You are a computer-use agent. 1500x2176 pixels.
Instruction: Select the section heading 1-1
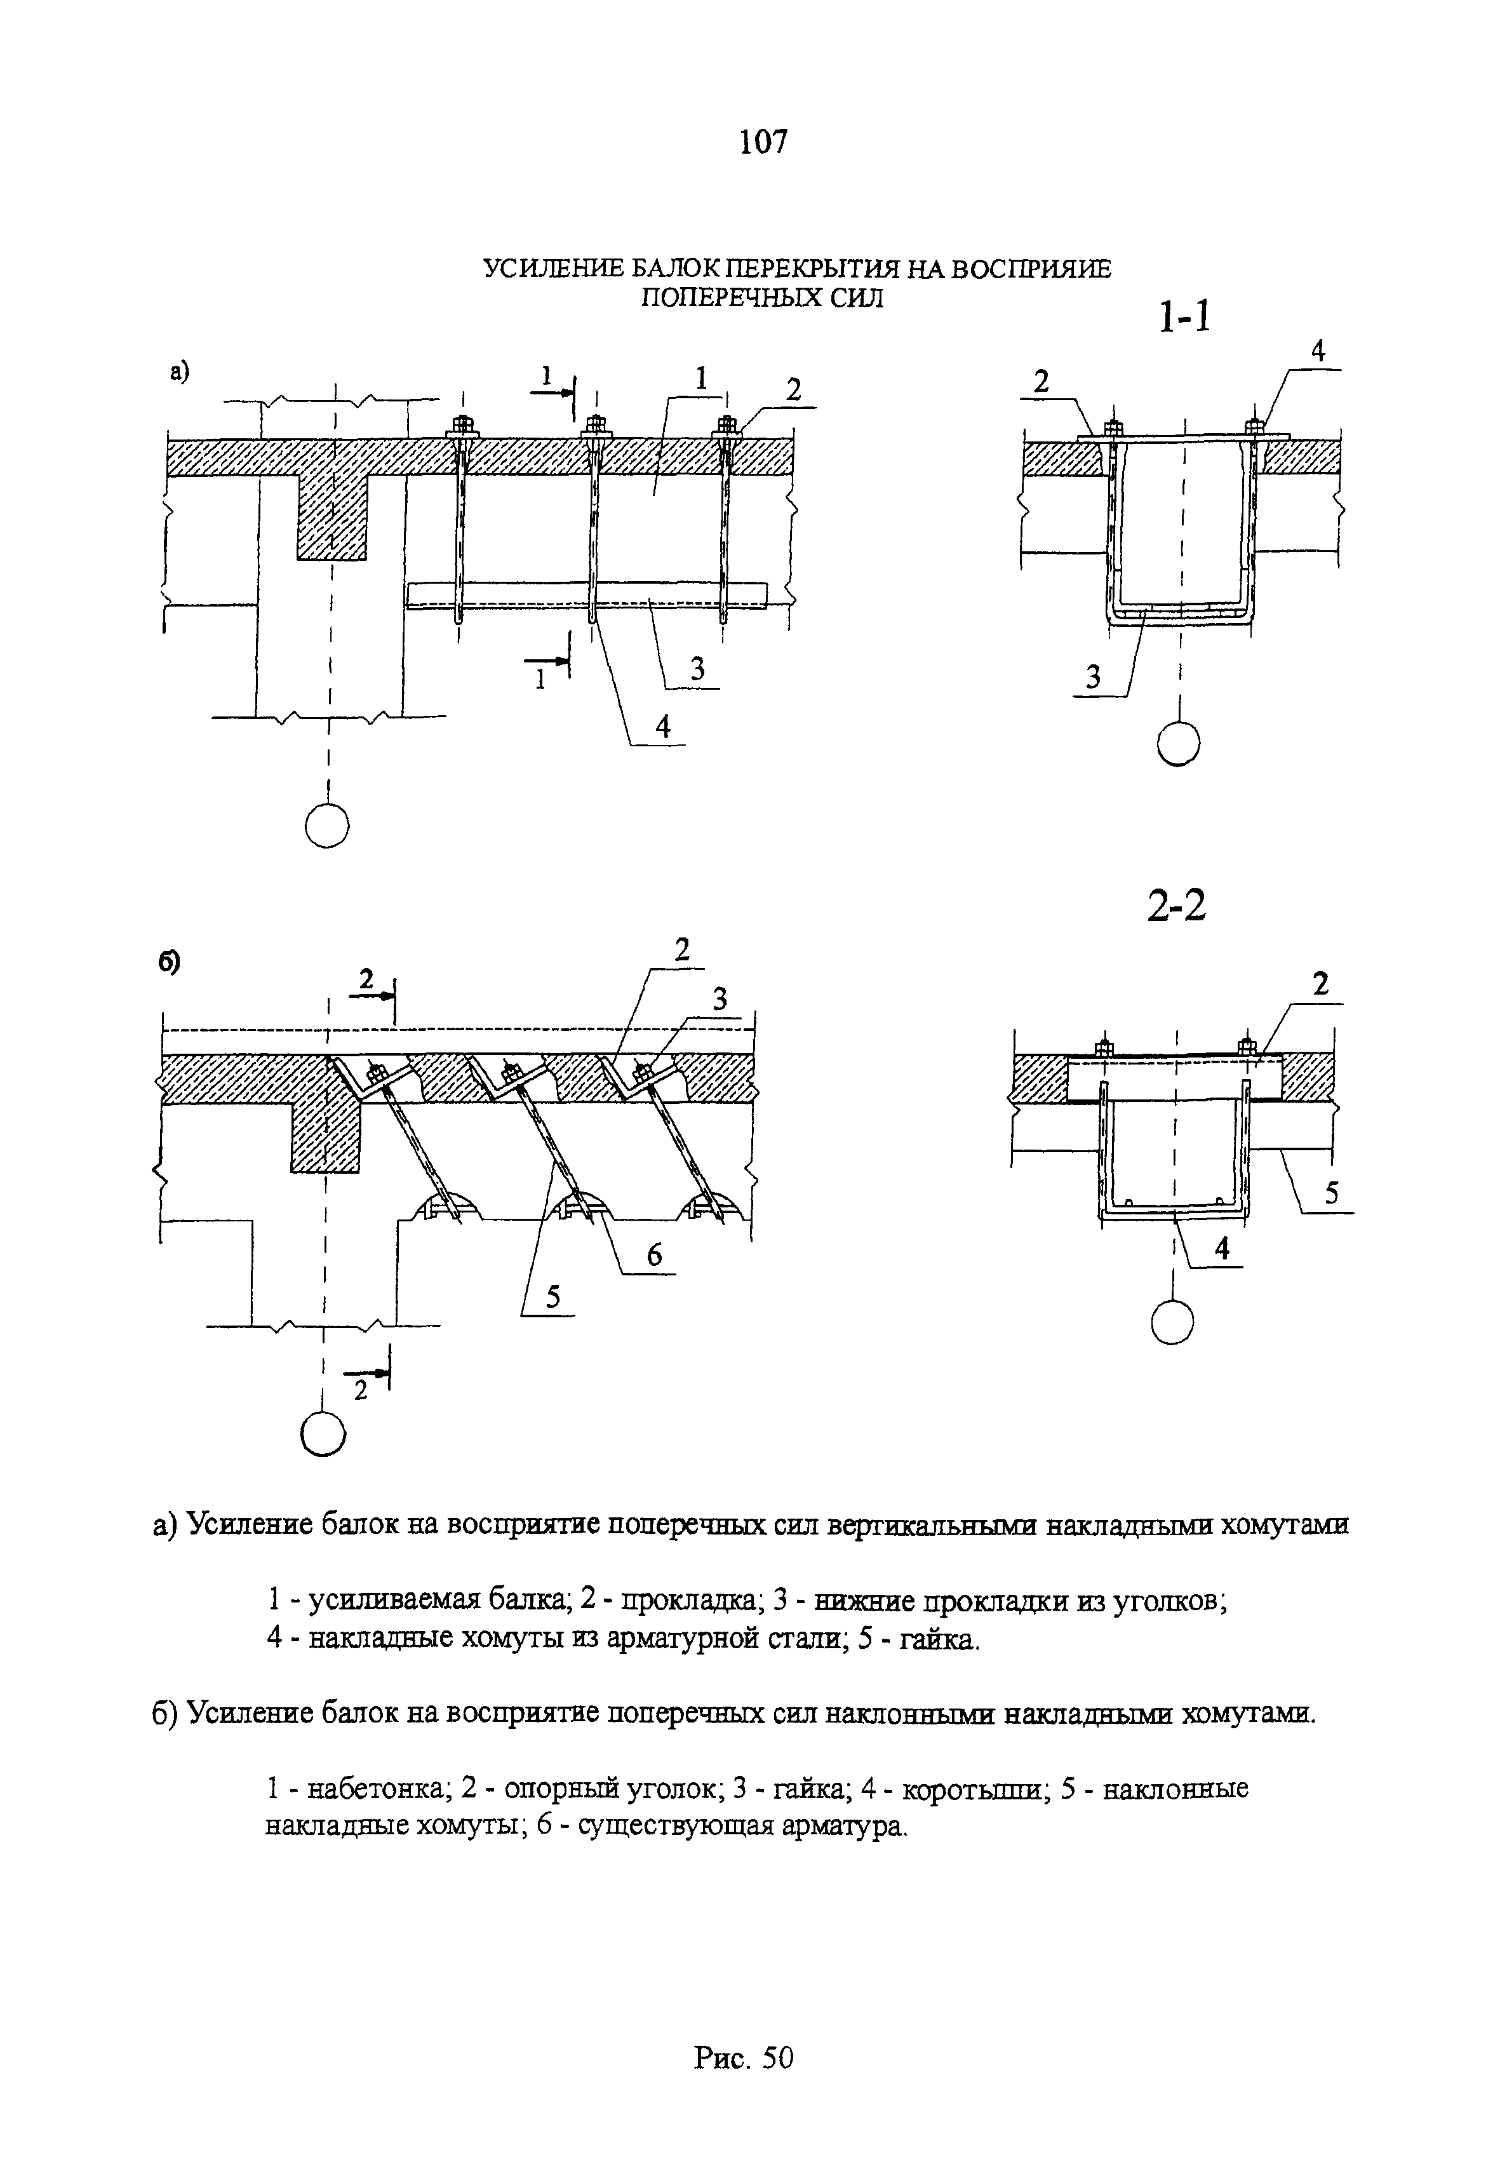[x=1184, y=317]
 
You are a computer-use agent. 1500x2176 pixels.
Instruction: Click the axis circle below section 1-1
[x=1179, y=744]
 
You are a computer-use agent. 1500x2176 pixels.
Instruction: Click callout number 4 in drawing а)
[x=664, y=727]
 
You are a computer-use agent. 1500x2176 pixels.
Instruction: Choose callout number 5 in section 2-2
[x=1331, y=1192]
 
